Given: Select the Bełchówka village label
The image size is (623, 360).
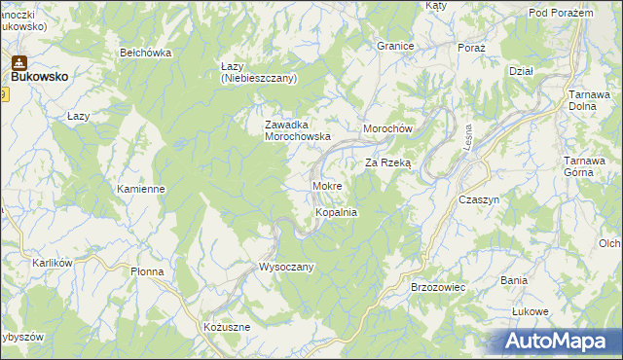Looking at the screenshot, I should pos(145,53).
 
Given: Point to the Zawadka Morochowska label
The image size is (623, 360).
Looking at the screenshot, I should pos(299,130).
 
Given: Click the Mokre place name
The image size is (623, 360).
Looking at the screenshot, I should pos(326,185).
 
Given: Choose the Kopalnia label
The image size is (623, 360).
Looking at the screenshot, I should pos(337,211).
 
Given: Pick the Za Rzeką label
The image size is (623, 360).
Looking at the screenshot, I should pos(388,163).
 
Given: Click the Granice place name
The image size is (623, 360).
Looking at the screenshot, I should pos(396,46).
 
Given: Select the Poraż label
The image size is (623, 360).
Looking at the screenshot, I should pos(471,47).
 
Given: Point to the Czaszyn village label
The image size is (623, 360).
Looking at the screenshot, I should pos(478,198).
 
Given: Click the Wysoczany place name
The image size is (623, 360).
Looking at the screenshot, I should pos(285,267).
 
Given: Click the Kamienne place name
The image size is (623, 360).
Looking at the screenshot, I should pos(140,189).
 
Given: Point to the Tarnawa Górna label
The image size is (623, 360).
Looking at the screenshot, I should pos(588,167).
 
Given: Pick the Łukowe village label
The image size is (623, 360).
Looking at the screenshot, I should pos(531,311).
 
